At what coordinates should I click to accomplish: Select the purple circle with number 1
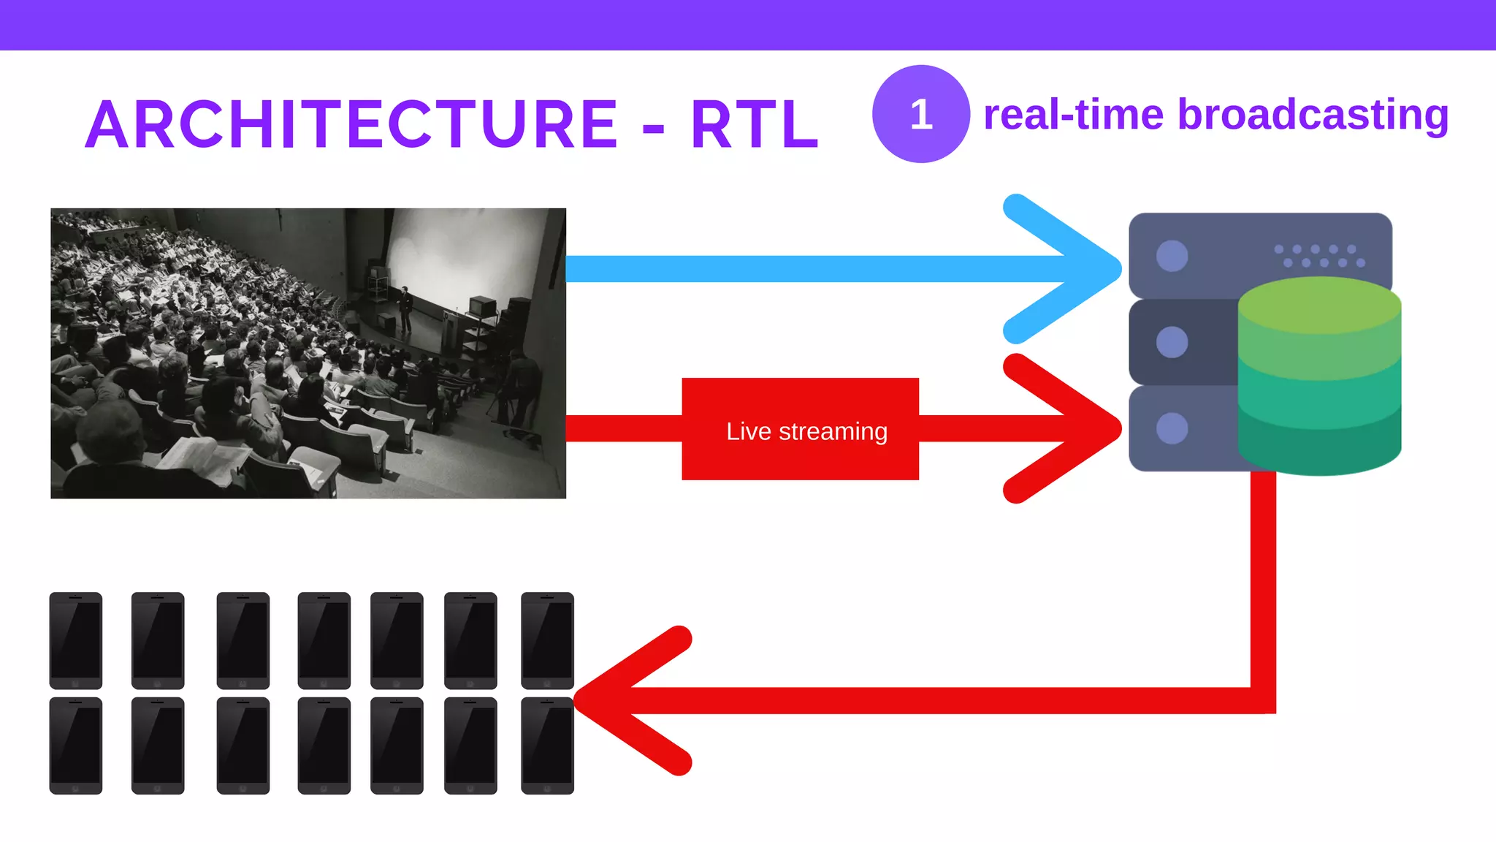click(x=920, y=114)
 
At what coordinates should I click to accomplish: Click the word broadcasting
click(x=1312, y=115)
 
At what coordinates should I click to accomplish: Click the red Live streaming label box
click(x=800, y=430)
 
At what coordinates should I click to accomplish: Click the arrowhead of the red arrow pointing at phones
click(x=606, y=699)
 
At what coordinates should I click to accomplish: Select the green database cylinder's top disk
click(x=1319, y=306)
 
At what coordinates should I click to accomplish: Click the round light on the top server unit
click(x=1172, y=256)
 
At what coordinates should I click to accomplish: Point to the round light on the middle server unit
click(x=1172, y=342)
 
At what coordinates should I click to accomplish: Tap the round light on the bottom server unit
click(x=1172, y=428)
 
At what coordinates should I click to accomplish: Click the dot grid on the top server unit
click(x=1319, y=256)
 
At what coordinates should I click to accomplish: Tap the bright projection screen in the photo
click(x=467, y=256)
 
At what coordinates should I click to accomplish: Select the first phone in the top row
click(x=76, y=640)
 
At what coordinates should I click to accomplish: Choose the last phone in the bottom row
click(x=547, y=746)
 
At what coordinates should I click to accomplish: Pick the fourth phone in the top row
click(x=324, y=640)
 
